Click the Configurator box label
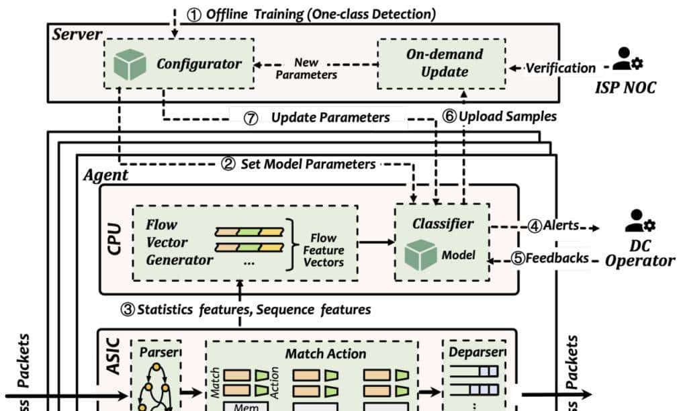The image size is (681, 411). coord(198,64)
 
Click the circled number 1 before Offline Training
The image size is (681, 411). coord(194,14)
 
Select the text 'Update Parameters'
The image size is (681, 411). coord(330,118)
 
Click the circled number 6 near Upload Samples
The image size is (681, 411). coord(449,116)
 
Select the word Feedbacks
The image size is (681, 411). coord(558,258)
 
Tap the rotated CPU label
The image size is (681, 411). coord(115,240)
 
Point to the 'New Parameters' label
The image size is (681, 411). coord(306,68)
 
